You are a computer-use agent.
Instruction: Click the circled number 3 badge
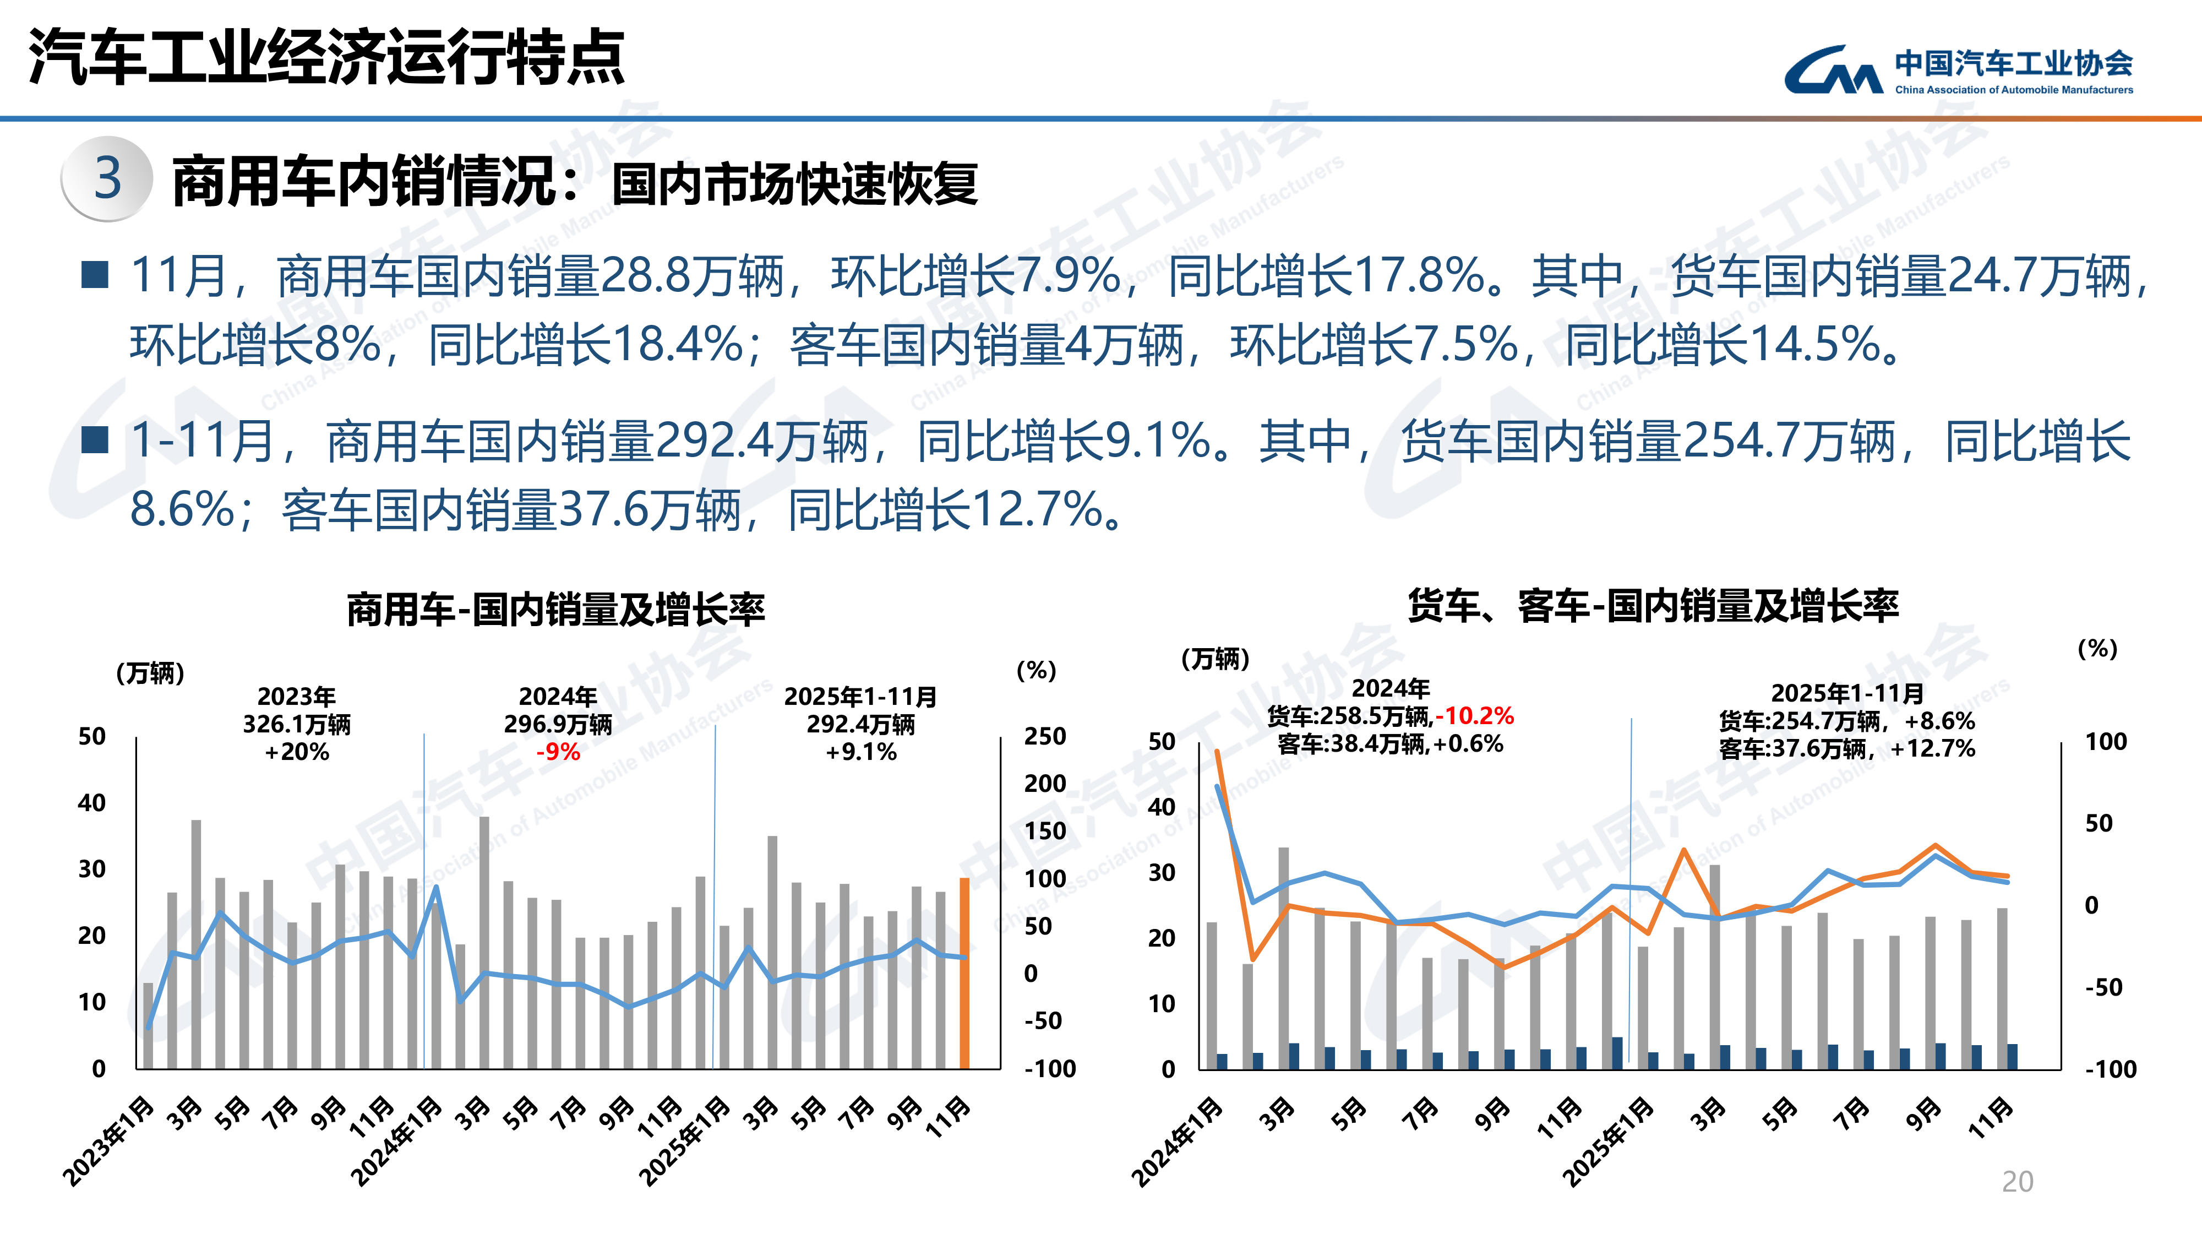coord(108,179)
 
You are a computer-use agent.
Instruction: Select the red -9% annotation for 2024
coord(558,752)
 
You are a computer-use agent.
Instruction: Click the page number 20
coord(2018,1182)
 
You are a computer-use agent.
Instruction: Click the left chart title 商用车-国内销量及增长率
coord(555,610)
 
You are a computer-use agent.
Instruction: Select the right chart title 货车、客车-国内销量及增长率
coord(1653,606)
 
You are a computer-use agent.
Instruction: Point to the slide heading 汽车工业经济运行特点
coord(326,57)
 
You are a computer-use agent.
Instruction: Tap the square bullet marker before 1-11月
coord(94,441)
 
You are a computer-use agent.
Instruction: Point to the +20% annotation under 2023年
coord(297,752)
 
